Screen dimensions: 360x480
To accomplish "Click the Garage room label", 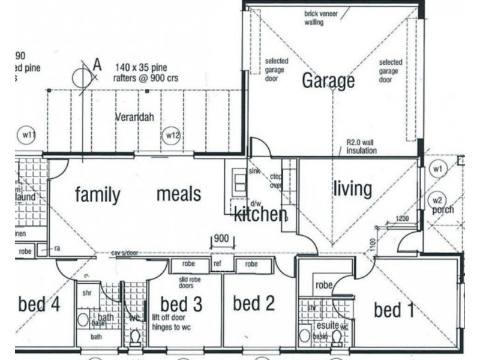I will (328, 80).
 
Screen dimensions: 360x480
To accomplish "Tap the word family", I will (97, 194).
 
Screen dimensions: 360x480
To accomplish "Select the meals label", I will (179, 194).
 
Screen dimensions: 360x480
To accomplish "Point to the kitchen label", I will (260, 214).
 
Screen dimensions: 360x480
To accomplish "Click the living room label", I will (352, 188).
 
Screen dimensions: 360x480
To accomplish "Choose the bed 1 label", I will (394, 310).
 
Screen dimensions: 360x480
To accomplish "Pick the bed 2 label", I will (254, 304).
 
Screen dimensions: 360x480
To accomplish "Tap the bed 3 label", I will (181, 304).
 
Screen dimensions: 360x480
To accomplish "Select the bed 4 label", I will (39, 304).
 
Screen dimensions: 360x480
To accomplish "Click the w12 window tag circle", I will (172, 135).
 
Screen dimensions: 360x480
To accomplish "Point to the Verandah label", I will (134, 118).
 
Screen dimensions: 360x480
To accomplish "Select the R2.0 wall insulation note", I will (361, 147).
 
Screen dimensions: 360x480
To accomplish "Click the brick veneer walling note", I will (323, 18).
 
